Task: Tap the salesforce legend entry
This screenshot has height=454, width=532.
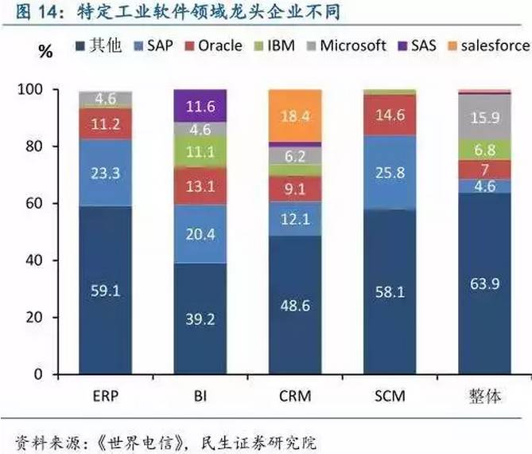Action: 487,45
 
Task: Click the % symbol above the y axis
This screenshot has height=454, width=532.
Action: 47,52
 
